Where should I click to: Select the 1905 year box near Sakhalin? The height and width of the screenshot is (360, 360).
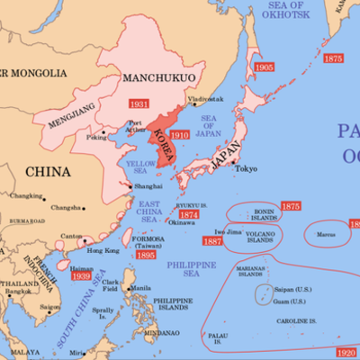coord(264,68)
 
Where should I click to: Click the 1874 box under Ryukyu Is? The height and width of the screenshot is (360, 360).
coord(189,215)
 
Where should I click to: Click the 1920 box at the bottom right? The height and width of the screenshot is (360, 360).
coord(347,353)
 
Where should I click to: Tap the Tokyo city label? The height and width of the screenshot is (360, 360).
coord(246,169)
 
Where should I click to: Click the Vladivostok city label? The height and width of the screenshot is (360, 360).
coord(204,99)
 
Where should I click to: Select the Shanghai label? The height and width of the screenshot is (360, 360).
coord(148,185)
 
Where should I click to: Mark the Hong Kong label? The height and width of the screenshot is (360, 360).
coord(105,250)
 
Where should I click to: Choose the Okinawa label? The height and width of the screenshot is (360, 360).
coord(182,222)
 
